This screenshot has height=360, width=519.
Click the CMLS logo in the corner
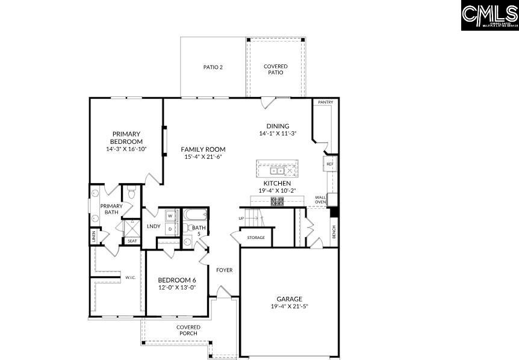pos(489,15)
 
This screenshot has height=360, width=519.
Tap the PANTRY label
pos(326,103)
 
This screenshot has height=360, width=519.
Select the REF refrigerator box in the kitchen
pos(330,164)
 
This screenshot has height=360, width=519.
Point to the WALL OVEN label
pos(320,199)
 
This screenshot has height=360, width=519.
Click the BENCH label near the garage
pos(334,232)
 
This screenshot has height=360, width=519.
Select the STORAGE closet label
pos(256,238)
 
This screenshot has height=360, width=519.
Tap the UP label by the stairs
pos(241,218)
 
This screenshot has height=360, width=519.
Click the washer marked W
pos(170,216)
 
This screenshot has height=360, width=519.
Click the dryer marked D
pos(170,229)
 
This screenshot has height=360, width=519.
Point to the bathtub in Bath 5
pos(193,215)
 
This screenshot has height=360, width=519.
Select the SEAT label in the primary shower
pos(132,241)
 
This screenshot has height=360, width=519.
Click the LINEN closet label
pos(94,237)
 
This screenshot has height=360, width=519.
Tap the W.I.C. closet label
pos(129,278)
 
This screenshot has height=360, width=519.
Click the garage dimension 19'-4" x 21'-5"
pos(290,306)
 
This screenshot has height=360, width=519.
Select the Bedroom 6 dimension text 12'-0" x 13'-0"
pos(177,288)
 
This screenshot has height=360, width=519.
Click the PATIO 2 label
pos(213,67)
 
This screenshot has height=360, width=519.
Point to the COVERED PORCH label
pos(188,330)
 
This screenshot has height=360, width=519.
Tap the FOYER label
pos(225,270)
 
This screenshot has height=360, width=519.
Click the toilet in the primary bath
pos(131,193)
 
